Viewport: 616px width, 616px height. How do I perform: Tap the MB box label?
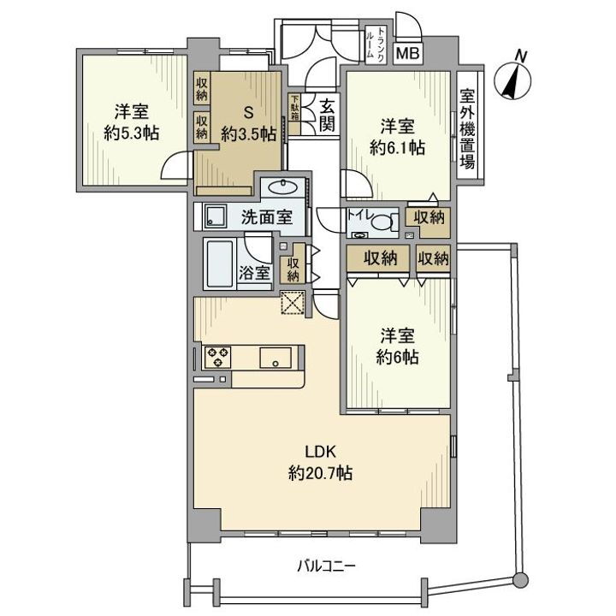pyautogui.click(x=407, y=53)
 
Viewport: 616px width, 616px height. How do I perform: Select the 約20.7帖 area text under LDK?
pyautogui.click(x=321, y=472)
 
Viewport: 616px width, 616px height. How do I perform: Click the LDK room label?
pyautogui.click(x=321, y=453)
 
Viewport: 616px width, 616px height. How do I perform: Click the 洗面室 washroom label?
pyautogui.click(x=266, y=217)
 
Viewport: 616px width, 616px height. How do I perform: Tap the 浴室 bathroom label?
pyautogui.click(x=254, y=274)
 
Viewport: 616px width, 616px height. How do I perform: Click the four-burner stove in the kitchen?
pyautogui.click(x=217, y=356)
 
